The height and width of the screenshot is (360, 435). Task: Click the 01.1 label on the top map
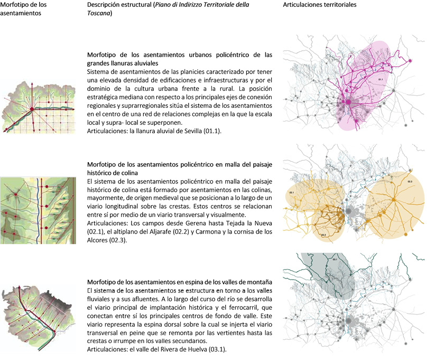tap(380, 79)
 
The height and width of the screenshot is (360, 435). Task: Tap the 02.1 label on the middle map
tap(291, 193)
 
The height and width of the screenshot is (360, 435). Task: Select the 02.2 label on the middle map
tap(323, 235)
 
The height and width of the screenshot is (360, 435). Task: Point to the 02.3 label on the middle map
tap(409, 182)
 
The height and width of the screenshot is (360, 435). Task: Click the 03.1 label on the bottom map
tap(335, 260)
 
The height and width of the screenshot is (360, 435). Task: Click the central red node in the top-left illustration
tap(31, 109)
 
